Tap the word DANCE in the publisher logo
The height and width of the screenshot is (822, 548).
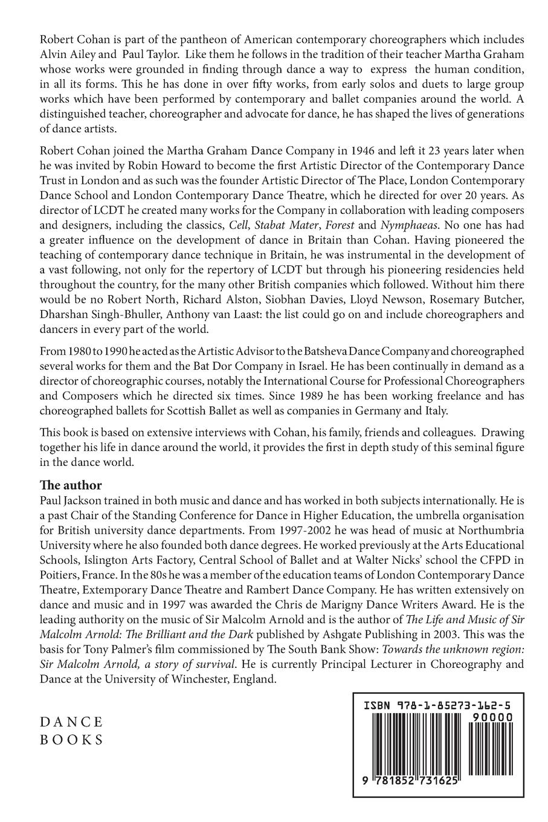(x=71, y=722)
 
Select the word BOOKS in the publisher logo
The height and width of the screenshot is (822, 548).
(x=71, y=740)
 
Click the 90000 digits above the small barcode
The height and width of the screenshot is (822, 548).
(x=489, y=717)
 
